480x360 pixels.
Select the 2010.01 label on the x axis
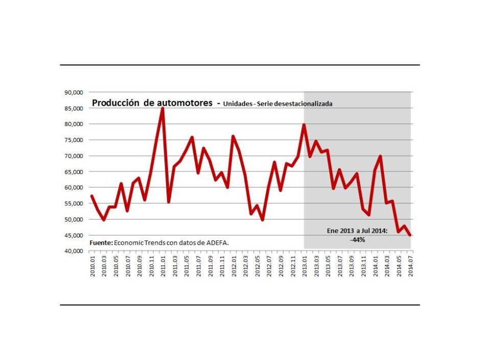point(92,266)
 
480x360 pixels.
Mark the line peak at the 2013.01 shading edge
point(304,125)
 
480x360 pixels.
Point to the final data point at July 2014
point(411,235)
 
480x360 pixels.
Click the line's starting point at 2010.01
point(92,196)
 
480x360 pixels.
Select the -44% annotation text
point(357,239)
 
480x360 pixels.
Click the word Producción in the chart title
point(115,103)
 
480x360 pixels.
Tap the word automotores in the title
point(183,103)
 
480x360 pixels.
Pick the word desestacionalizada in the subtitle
point(303,104)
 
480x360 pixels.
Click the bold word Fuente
point(101,243)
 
